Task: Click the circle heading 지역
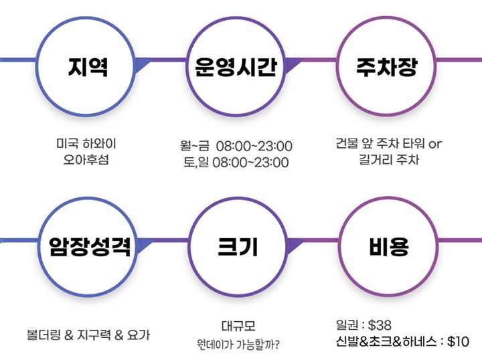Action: coord(88,68)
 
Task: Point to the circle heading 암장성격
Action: coord(89,247)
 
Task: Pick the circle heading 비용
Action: coord(388,247)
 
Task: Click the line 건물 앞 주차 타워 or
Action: coord(389,144)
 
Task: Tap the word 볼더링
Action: coord(45,334)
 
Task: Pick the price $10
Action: coord(458,342)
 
